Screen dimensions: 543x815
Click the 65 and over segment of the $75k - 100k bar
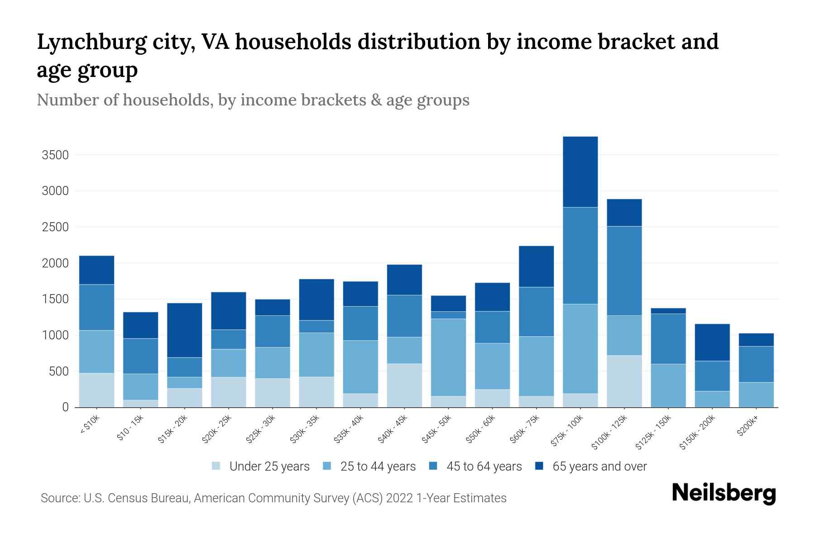580,172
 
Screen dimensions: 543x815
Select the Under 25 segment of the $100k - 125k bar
624,381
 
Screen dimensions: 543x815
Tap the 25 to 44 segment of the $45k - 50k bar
448,357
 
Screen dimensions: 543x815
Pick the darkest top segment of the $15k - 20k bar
184,330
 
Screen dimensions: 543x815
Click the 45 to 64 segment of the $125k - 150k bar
668,338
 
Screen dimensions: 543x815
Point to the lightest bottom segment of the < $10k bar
96,390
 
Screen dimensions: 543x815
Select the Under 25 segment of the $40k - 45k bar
404,385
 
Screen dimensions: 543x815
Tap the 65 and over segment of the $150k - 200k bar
712,342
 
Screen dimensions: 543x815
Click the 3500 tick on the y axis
55,155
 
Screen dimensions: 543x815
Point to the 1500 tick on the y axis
55,299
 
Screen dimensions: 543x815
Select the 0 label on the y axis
65,407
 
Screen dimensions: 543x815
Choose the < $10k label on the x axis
90,425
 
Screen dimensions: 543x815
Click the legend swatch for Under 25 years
216,466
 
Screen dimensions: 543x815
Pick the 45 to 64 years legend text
484,466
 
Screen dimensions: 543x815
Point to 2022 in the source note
400,498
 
